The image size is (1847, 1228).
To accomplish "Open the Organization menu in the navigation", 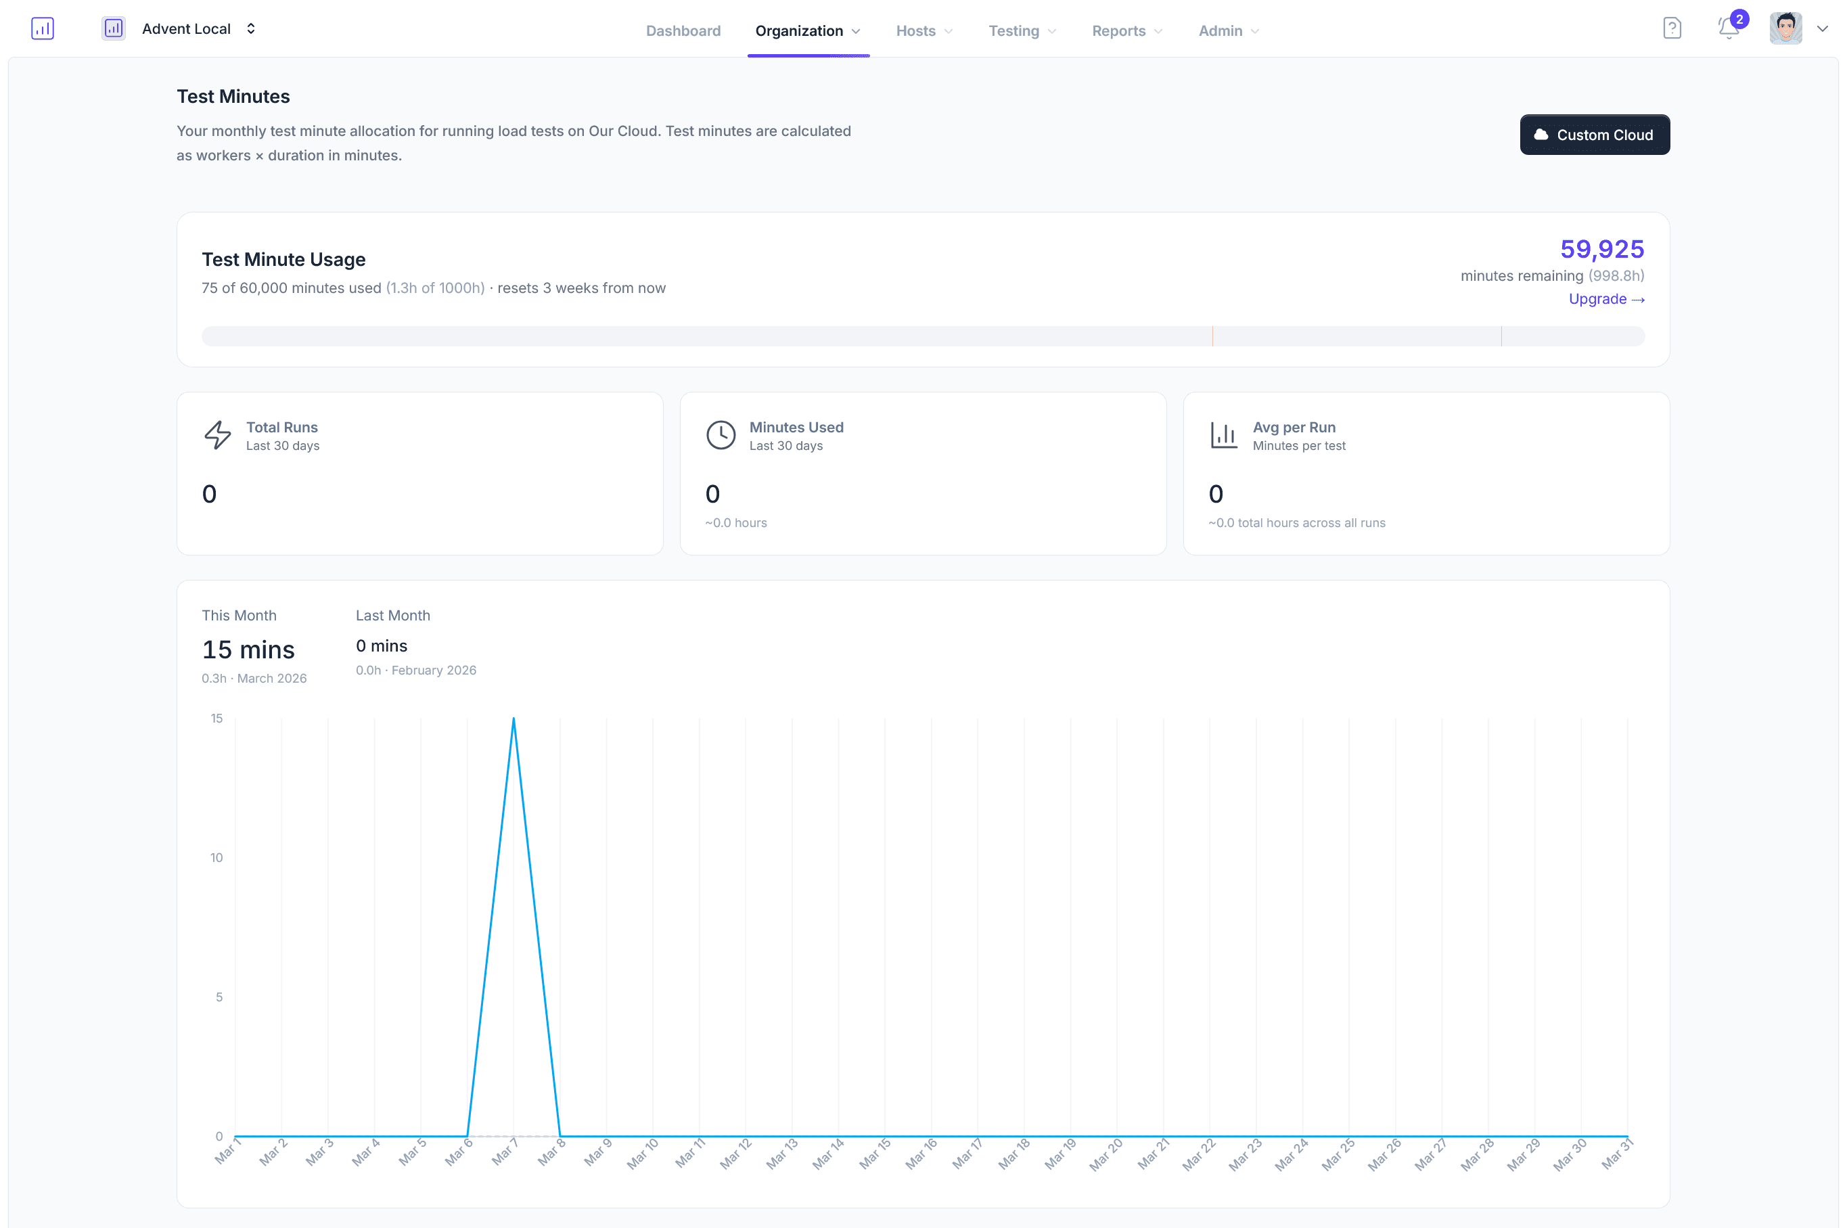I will [807, 30].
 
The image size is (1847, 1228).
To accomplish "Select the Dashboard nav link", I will [683, 30].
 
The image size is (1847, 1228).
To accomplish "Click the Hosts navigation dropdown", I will [924, 30].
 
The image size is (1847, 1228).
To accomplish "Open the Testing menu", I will [1022, 30].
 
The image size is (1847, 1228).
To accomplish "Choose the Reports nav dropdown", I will [1126, 30].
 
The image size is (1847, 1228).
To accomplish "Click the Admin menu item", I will [1228, 30].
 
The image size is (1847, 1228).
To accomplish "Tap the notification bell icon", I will [1728, 29].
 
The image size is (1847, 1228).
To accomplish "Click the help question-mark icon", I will [1672, 29].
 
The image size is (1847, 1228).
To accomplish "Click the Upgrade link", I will [1605, 299].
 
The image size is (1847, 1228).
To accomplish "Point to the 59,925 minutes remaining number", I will [1601, 249].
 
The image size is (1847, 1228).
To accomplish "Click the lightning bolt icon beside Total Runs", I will [218, 434].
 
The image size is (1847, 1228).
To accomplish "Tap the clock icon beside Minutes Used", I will [721, 434].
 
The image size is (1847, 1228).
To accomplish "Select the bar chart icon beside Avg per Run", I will [1223, 434].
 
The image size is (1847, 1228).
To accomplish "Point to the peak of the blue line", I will [514, 719].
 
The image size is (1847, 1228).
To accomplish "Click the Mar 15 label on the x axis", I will [875, 1153].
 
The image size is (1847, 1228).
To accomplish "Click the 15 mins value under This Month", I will [248, 650].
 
